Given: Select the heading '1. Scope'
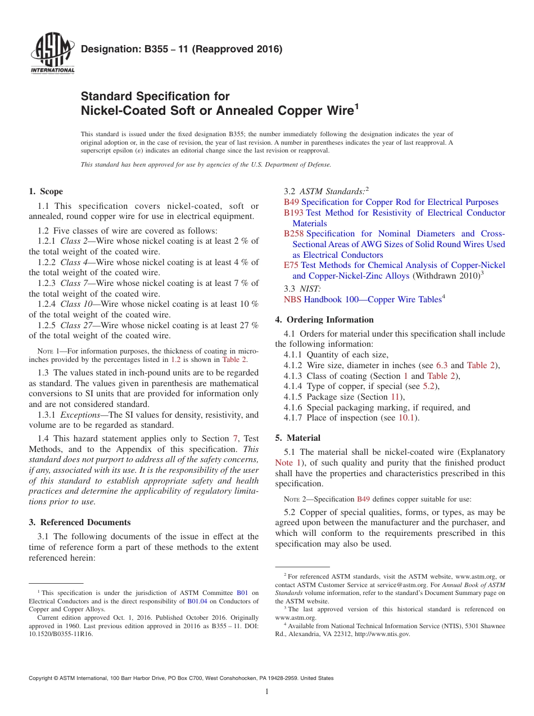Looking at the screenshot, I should point(46,191).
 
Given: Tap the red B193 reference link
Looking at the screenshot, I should point(293,213).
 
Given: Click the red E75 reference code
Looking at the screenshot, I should point(291,265).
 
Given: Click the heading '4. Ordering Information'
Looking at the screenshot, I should point(324,320).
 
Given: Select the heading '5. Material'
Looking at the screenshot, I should point(298,438).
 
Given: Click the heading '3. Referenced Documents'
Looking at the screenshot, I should point(80,522).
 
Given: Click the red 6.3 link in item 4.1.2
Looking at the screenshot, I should point(442,365).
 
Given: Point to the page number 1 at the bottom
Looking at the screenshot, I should point(267,691).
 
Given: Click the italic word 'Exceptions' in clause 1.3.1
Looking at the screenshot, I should point(78,415).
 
